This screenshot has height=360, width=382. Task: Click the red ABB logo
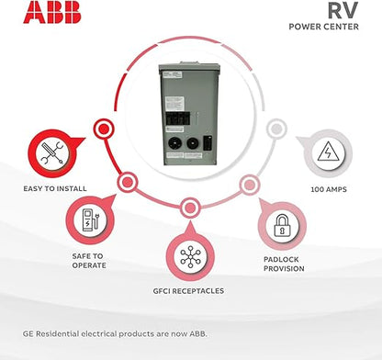(x=52, y=13)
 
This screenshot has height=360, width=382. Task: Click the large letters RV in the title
(x=343, y=10)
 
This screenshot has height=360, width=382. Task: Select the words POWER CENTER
(x=323, y=27)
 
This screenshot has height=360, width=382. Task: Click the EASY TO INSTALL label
(x=55, y=188)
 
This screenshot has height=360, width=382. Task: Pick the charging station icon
(x=90, y=219)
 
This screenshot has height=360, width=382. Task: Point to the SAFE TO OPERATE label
(x=89, y=261)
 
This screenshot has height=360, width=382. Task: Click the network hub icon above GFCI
(x=190, y=256)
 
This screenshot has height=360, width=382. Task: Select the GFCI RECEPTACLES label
(x=188, y=291)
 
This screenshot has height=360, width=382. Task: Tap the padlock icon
(x=282, y=225)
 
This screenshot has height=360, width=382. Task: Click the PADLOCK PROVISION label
(x=284, y=264)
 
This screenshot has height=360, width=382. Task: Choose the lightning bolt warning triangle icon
(x=328, y=152)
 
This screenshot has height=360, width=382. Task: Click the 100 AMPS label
(x=329, y=189)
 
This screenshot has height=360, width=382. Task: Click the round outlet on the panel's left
(x=174, y=143)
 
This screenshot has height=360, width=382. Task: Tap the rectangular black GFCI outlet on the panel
(x=208, y=143)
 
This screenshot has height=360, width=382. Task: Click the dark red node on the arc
(x=104, y=129)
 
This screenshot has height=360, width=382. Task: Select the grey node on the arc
(x=276, y=129)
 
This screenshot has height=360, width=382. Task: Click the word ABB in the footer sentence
(x=198, y=333)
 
